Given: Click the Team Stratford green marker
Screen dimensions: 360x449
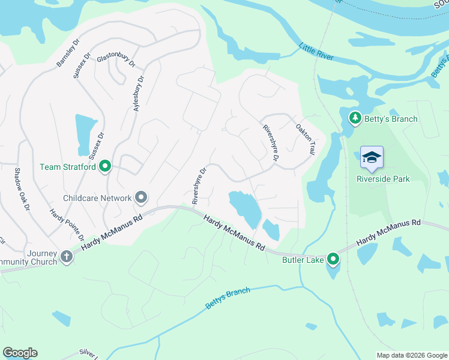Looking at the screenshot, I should pyautogui.click(x=105, y=166).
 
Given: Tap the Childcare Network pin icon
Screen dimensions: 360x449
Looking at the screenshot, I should pyautogui.click(x=142, y=197).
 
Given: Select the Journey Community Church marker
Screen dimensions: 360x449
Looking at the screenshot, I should pyautogui.click(x=66, y=257).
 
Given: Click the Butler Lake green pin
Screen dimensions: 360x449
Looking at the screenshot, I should pyautogui.click(x=333, y=259).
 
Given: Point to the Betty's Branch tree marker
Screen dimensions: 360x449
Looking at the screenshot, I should pyautogui.click(x=355, y=118).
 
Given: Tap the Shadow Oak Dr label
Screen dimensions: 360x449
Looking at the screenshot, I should pyautogui.click(x=22, y=189).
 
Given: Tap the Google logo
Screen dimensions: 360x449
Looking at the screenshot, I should pyautogui.click(x=20, y=353).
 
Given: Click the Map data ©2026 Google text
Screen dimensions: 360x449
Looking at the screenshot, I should pyautogui.click(x=411, y=355).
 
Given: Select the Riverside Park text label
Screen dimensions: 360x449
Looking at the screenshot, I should pyautogui.click(x=382, y=178).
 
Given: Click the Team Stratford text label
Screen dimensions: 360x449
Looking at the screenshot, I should pyautogui.click(x=67, y=167).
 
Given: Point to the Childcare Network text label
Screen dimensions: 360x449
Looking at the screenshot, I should pyautogui.click(x=97, y=198).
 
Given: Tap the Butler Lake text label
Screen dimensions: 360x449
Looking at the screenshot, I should pyautogui.click(x=303, y=259).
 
